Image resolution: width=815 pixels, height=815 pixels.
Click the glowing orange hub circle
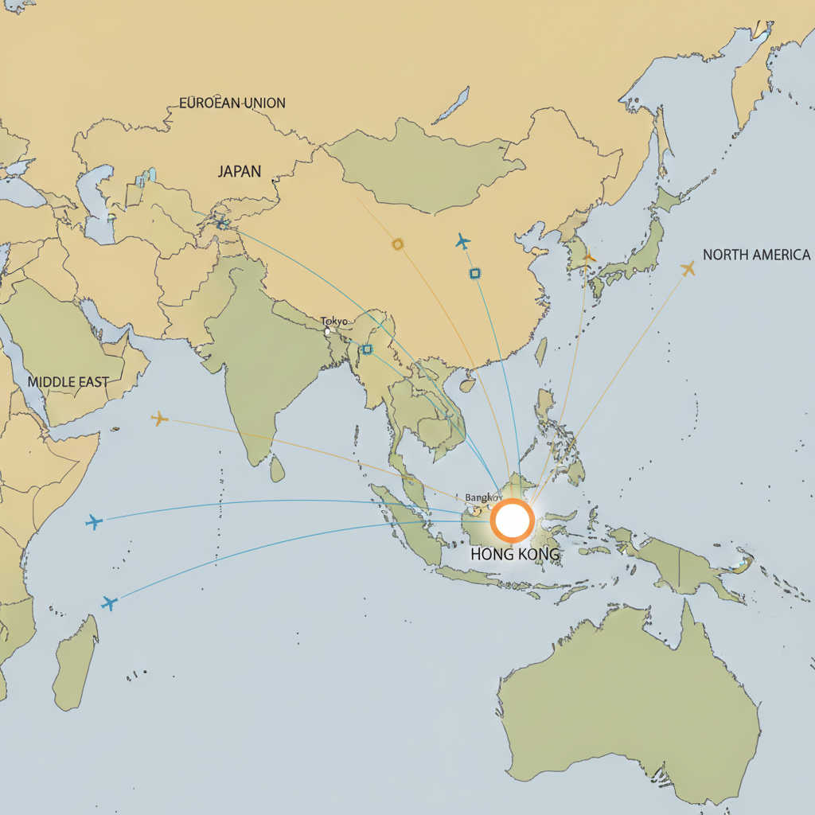[512, 521]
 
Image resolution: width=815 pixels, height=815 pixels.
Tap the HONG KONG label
[515, 554]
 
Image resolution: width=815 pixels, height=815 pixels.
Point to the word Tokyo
[334, 321]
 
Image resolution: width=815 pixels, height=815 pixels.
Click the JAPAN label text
[239, 171]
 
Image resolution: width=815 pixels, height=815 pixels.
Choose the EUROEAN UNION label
[232, 103]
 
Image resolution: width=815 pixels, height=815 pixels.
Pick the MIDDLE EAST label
[68, 382]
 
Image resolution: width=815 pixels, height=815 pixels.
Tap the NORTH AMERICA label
[756, 255]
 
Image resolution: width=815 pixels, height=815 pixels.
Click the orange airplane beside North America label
[688, 269]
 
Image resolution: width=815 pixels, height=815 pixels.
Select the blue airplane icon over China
[462, 241]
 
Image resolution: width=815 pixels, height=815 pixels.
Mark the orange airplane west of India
[160, 418]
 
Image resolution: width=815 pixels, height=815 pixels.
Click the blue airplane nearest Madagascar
[109, 602]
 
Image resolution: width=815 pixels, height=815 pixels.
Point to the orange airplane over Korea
[589, 257]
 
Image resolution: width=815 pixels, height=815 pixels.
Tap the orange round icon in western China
[398, 244]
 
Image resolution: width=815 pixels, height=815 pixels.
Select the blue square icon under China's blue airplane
[474, 274]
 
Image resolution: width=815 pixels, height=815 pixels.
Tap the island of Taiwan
[541, 351]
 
